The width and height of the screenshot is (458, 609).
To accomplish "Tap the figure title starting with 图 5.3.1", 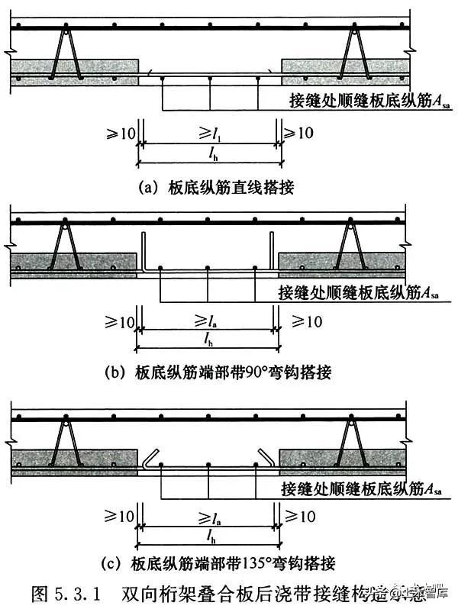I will tap(221, 593).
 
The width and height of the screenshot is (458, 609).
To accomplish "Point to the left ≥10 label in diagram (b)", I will tap(121, 321).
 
